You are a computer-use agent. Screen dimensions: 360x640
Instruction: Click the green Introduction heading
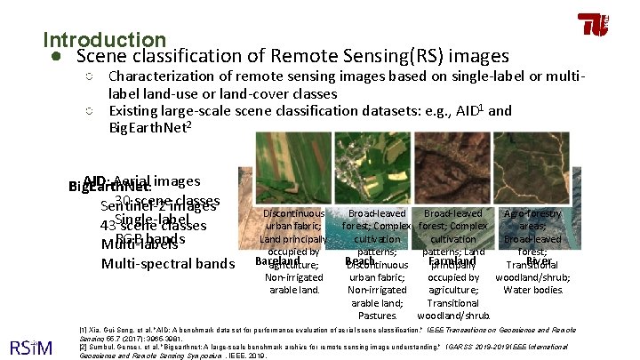[104, 40]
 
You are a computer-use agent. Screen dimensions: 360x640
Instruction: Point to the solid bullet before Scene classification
[55, 57]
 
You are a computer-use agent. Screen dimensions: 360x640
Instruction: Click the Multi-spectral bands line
[168, 263]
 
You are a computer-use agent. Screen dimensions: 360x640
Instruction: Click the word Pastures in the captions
[380, 315]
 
